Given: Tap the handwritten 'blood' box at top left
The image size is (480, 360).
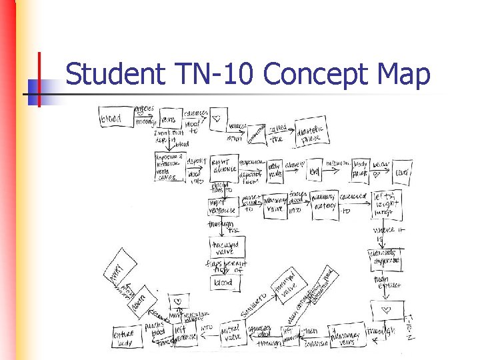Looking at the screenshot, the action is [x=111, y=119].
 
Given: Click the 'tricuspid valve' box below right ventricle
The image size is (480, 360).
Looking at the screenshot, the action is [x=227, y=248].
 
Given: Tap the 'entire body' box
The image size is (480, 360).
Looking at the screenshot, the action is [x=125, y=337].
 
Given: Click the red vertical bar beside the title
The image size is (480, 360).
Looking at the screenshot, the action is [x=39, y=79].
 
